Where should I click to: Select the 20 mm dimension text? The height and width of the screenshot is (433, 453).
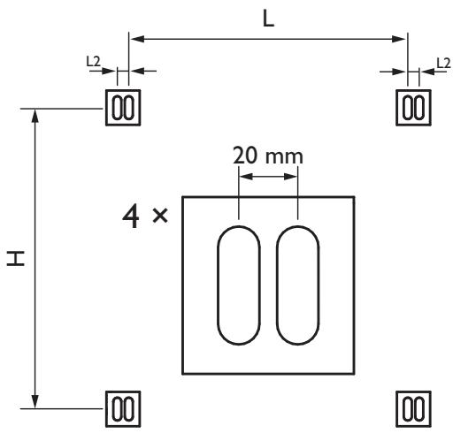tap(267, 156)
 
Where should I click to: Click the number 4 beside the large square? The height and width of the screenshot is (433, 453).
tap(131, 216)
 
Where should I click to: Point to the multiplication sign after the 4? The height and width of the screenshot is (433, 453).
tap(160, 217)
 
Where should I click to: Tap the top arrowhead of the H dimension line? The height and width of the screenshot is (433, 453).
tap(35, 115)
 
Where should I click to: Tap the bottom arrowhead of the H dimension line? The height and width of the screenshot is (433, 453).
tap(35, 403)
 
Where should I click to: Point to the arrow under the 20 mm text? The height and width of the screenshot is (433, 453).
tap(268, 177)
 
